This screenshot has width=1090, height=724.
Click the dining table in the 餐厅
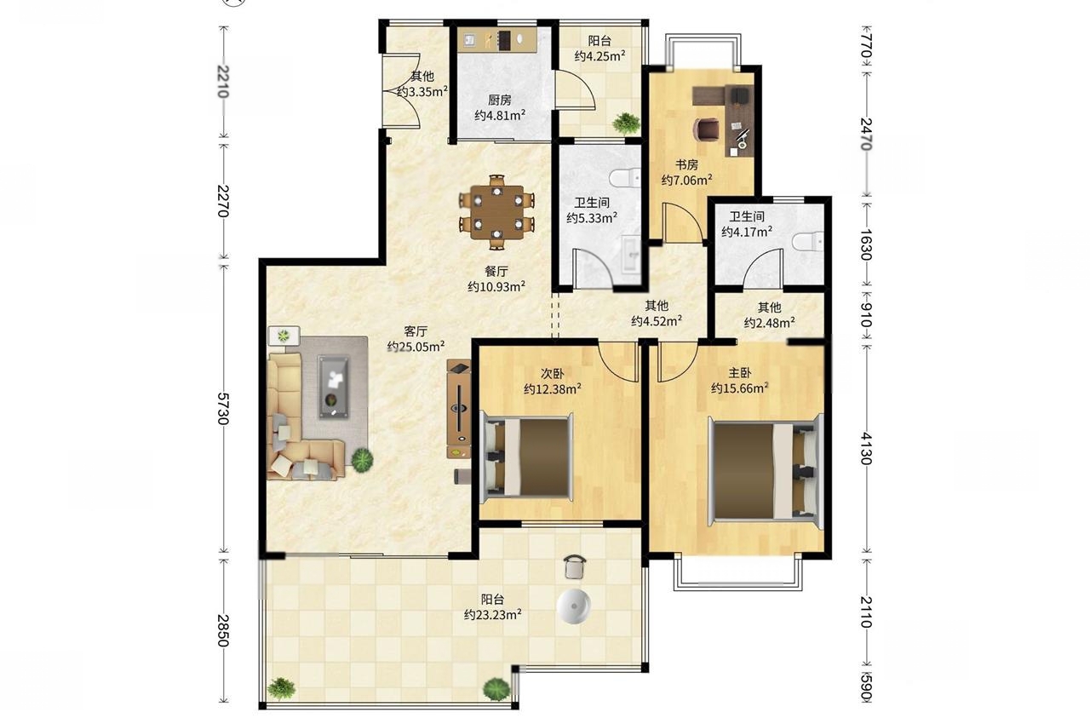(496, 212)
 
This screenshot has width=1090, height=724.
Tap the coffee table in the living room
(333, 387)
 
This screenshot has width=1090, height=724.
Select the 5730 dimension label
(222, 409)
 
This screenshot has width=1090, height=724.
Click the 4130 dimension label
(866, 449)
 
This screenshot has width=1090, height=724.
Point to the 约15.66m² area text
(740, 388)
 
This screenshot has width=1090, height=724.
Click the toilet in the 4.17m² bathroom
(807, 242)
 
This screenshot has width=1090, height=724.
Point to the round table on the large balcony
(574, 606)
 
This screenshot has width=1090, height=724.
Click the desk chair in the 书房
(706, 129)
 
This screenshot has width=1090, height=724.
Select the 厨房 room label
(500, 101)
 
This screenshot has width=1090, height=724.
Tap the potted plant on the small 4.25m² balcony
(626, 124)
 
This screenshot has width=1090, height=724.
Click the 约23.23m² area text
(492, 614)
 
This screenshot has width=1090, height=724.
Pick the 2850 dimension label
(222, 630)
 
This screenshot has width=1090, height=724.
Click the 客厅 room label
(416, 331)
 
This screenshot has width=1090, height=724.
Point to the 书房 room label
(686, 165)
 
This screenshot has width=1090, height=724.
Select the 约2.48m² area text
(769, 323)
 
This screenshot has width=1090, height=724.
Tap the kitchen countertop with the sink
(496, 39)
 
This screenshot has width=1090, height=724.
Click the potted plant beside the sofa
(363, 459)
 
